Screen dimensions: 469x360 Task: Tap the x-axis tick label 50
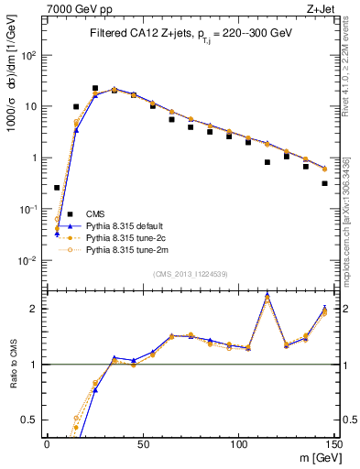click(x=142, y=442)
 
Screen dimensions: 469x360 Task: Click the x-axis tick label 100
click(x=238, y=442)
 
